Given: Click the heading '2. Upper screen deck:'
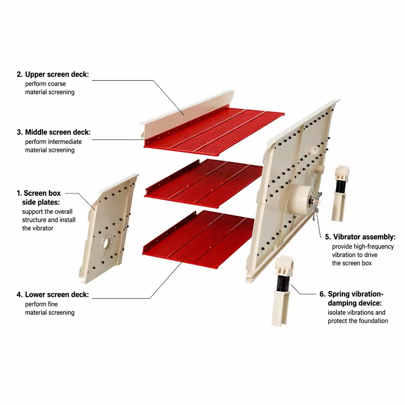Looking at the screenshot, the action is click(53, 74).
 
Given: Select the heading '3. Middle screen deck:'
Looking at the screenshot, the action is click(54, 132).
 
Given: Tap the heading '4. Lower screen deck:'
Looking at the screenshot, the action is click(53, 295).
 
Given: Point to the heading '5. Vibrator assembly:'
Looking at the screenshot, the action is click(360, 237).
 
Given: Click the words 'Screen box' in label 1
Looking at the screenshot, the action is click(42, 193).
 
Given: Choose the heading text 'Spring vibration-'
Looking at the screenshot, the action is click(356, 294).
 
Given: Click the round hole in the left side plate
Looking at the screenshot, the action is click(106, 243).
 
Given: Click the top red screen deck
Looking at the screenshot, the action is click(214, 132).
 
